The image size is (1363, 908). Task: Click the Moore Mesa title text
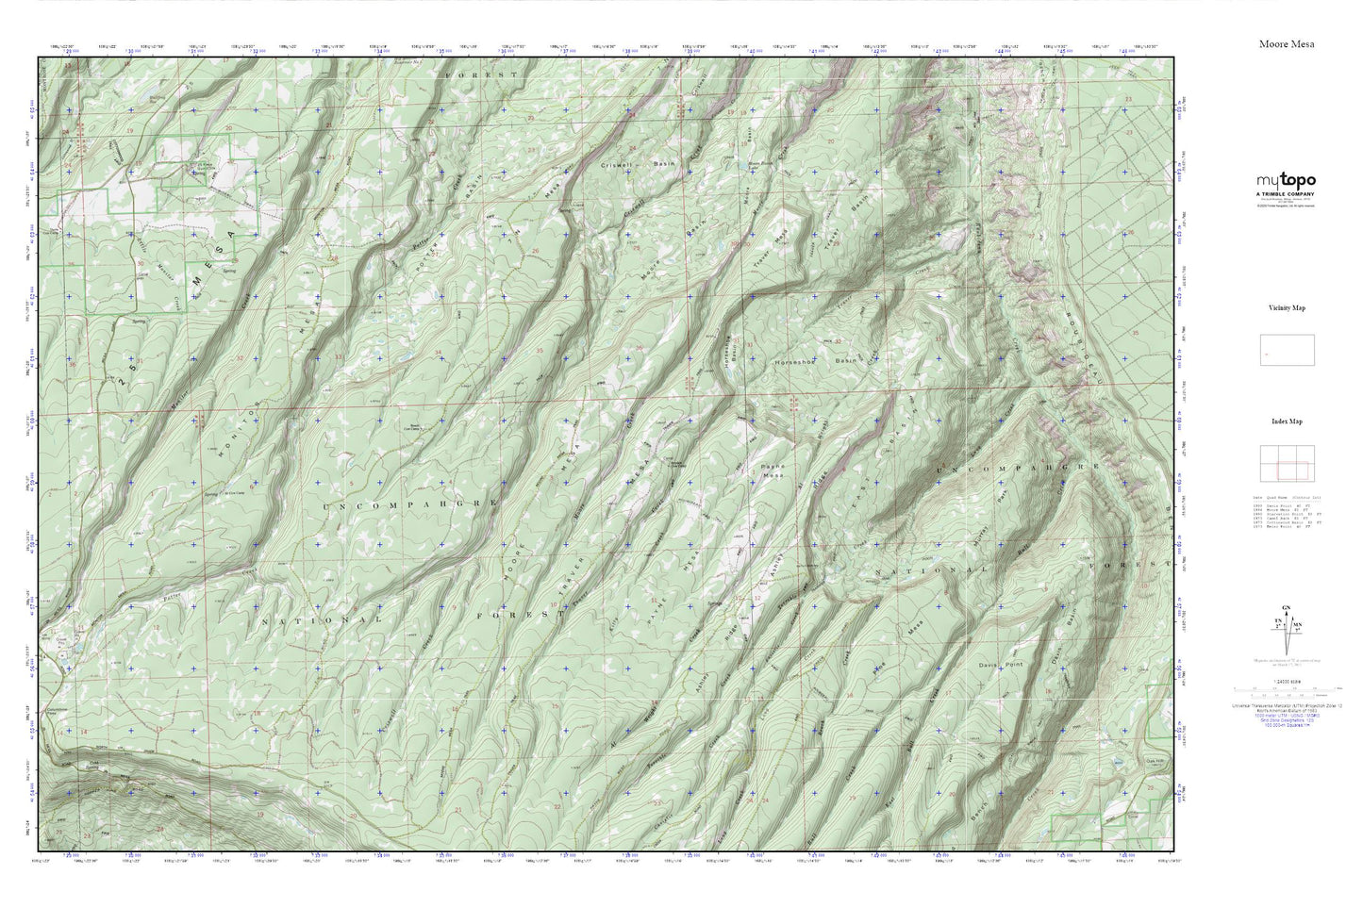[1286, 44]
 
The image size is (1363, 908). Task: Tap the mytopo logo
[1286, 181]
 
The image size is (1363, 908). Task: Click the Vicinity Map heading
[1287, 308]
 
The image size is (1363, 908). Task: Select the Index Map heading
[1287, 422]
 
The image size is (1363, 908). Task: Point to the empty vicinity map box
[1287, 350]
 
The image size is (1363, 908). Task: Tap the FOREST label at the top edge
[482, 74]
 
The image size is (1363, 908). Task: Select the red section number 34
[438, 354]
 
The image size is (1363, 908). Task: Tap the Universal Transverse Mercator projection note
[1287, 704]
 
